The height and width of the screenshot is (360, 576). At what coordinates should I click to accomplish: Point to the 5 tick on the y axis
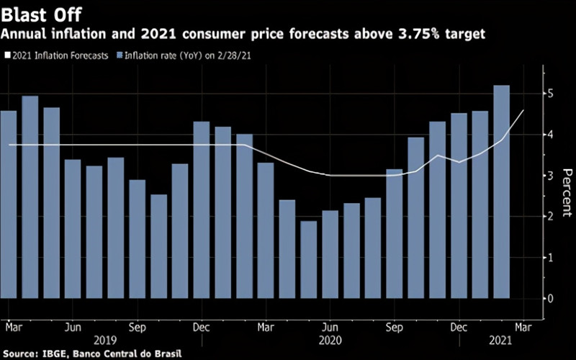pos(549,94)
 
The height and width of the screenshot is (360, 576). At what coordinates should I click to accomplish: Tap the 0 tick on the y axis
pos(549,298)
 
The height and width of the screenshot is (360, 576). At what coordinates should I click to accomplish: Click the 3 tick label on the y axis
pos(549,176)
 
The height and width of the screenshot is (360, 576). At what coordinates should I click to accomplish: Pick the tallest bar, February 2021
pos(500,192)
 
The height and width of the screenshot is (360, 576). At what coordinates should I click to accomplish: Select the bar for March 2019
pos(9,204)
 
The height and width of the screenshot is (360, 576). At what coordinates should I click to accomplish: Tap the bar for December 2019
pos(202,210)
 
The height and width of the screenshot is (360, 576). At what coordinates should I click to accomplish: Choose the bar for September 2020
pos(394,233)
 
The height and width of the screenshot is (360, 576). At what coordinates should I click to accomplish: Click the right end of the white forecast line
pos(523,110)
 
